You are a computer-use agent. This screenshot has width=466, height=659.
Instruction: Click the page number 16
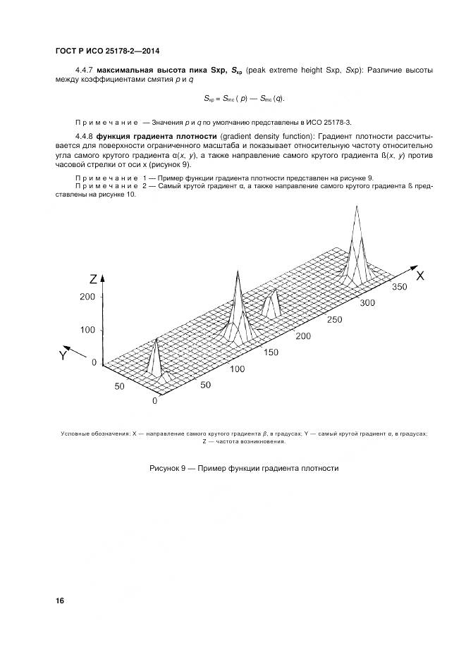coord(60,601)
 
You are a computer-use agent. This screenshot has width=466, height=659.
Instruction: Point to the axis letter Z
coord(92,276)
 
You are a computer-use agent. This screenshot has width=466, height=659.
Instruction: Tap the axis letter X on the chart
coord(419,276)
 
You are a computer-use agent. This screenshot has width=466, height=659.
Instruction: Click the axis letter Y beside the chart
coord(63,356)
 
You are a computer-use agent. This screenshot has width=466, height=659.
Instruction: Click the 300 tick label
coord(367,303)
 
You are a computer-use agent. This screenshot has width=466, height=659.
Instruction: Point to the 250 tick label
coord(336,319)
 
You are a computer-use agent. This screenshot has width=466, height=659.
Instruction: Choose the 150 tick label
coord(271,352)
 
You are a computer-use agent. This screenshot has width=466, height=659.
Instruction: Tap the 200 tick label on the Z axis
coord(87,297)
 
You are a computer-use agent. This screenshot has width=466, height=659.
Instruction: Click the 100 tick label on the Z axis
coord(87,330)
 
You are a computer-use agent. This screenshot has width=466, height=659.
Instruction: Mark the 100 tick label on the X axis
coord(237,369)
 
